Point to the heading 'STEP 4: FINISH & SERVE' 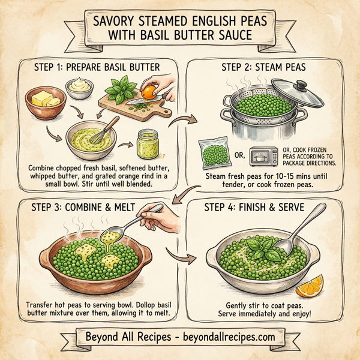(x=261, y=209)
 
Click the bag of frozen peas (x=213, y=154)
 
